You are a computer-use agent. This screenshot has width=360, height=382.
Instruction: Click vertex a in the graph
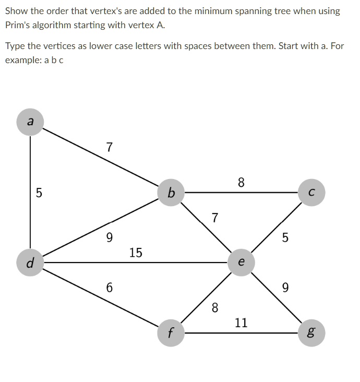tap(30, 122)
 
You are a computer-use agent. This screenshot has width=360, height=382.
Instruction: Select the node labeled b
tap(171, 193)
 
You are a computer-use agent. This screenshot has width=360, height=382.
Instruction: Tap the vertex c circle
tap(311, 193)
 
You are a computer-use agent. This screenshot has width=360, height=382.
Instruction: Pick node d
tap(30, 262)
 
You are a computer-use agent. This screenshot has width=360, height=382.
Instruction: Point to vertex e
tap(240, 262)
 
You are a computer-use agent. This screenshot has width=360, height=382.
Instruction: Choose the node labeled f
tap(171, 332)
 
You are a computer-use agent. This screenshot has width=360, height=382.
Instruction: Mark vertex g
tap(311, 332)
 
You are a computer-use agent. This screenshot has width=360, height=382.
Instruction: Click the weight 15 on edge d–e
tap(136, 253)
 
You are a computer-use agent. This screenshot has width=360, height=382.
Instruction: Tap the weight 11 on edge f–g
tap(241, 323)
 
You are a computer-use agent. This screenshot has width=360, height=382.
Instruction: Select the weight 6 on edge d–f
tap(109, 288)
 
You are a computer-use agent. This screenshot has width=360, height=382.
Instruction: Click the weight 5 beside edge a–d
tap(39, 193)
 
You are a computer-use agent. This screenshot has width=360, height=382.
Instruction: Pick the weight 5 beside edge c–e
tap(285, 238)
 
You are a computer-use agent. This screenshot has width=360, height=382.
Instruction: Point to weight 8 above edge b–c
tap(241, 183)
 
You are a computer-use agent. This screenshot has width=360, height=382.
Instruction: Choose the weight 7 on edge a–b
tap(109, 148)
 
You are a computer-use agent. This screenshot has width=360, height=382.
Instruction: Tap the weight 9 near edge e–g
tap(285, 288)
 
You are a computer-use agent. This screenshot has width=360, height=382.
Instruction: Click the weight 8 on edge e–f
tap(214, 307)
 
